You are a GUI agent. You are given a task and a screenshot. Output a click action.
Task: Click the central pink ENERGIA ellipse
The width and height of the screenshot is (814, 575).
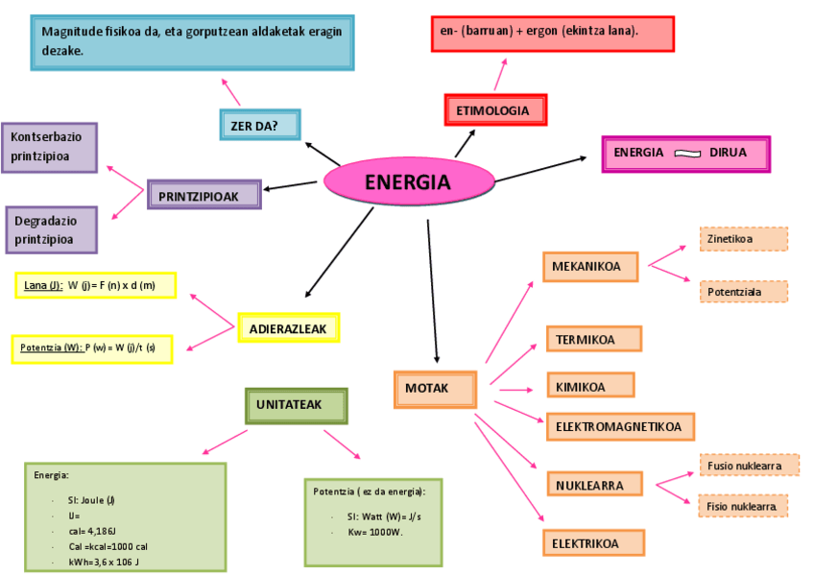409,181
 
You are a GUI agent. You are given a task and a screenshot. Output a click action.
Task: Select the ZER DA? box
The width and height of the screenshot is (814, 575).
260,125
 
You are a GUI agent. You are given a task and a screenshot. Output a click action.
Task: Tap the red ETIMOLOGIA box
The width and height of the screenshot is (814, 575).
495,110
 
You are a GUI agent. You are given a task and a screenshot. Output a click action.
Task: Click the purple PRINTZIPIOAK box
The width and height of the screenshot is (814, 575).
204,195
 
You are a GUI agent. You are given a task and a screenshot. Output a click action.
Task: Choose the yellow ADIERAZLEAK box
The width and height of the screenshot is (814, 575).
288,328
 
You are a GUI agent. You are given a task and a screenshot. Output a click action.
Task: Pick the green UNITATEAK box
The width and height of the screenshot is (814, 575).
296,405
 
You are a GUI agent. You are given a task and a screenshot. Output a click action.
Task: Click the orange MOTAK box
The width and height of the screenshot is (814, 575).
435,389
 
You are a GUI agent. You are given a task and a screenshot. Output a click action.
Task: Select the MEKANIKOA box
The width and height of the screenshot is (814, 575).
590,266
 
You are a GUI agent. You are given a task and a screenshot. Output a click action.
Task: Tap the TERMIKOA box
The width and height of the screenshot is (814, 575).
593,339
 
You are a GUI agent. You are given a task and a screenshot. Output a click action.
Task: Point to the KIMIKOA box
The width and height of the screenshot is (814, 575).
590,387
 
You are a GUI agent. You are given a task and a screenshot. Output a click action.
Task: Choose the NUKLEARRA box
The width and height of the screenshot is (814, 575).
596,485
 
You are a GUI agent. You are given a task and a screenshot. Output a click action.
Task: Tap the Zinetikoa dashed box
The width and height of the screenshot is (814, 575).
743,239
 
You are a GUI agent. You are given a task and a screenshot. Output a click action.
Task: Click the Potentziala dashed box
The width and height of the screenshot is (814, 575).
743,292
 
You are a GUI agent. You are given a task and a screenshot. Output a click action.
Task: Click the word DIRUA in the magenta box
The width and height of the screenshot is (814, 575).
728,153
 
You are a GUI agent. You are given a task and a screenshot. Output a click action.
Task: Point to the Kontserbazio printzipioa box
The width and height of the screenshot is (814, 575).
49,147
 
